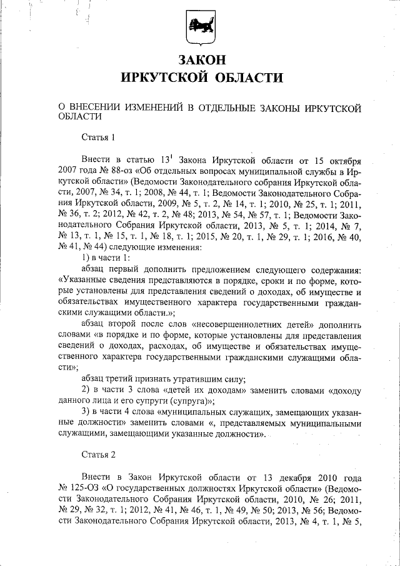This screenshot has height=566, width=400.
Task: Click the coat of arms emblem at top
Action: click(x=199, y=28)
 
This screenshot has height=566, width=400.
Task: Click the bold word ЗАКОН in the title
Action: click(x=200, y=61)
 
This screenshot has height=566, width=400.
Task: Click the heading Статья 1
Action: click(x=99, y=137)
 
